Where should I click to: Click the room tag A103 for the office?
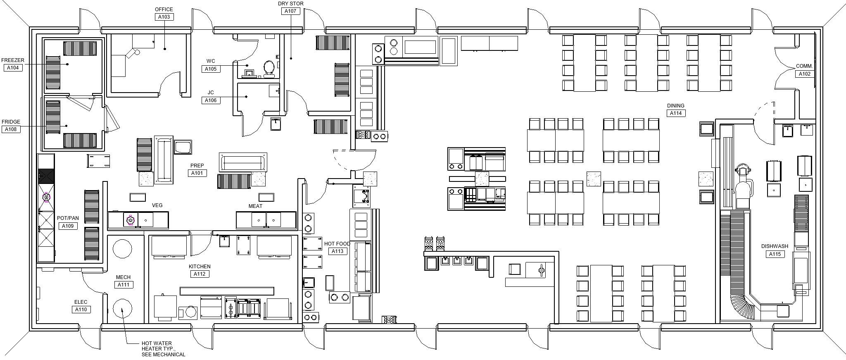point(164,17)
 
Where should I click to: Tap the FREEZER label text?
point(13,60)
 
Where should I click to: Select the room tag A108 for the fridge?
point(11,129)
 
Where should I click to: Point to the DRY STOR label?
point(290,4)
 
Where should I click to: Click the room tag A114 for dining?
point(676,113)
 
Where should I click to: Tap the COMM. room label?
point(804,67)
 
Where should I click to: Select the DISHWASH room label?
point(775,246)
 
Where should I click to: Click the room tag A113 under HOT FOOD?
point(337,251)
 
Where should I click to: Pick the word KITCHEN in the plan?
point(200,267)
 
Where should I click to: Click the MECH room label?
point(123,277)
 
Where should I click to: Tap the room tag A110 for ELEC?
point(81,310)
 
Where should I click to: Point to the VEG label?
point(157,205)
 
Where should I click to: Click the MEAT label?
point(255,206)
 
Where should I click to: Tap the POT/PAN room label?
point(68,218)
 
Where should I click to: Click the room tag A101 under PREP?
point(197,173)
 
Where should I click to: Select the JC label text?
point(211,93)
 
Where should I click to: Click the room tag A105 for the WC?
point(211,69)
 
